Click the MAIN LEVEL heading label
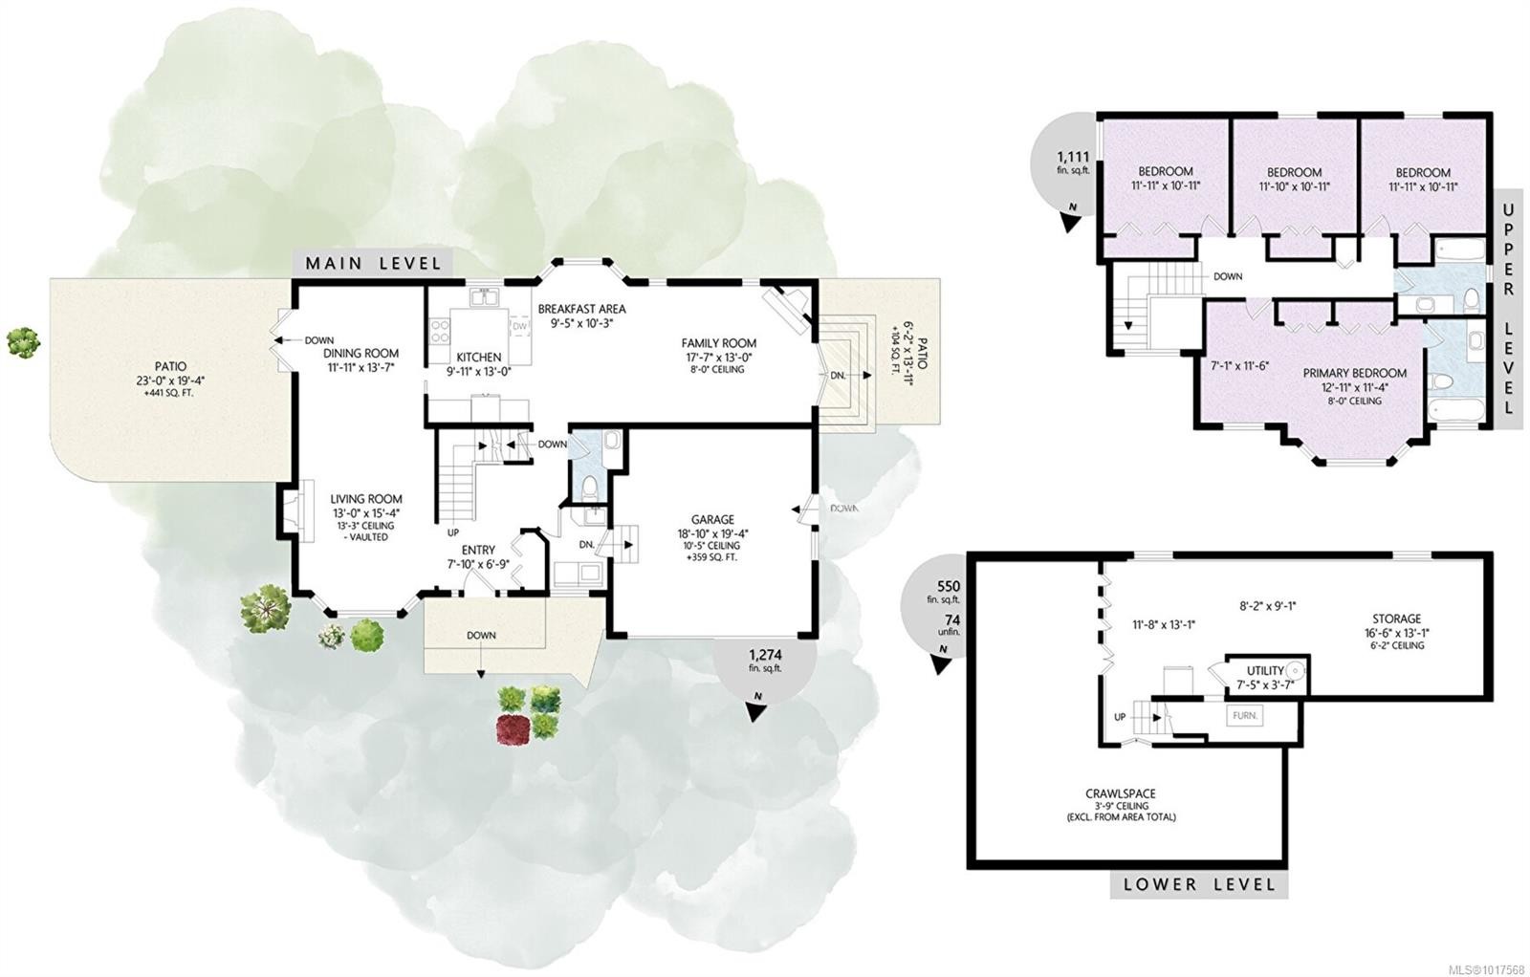(x=373, y=264)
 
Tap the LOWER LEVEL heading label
(x=1199, y=885)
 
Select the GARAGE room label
(x=712, y=519)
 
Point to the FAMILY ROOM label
(x=718, y=343)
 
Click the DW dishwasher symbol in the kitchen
(x=520, y=326)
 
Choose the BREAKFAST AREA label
(x=582, y=309)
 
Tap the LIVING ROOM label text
(x=366, y=499)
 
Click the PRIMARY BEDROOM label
(x=1354, y=373)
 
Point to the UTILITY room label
(x=1266, y=671)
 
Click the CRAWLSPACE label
(x=1121, y=794)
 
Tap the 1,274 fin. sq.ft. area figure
(x=765, y=660)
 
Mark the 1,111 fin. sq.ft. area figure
(x=1073, y=163)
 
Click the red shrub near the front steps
(x=511, y=727)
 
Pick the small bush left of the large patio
(x=23, y=342)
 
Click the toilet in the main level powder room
(x=589, y=487)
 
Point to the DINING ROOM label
(x=361, y=353)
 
